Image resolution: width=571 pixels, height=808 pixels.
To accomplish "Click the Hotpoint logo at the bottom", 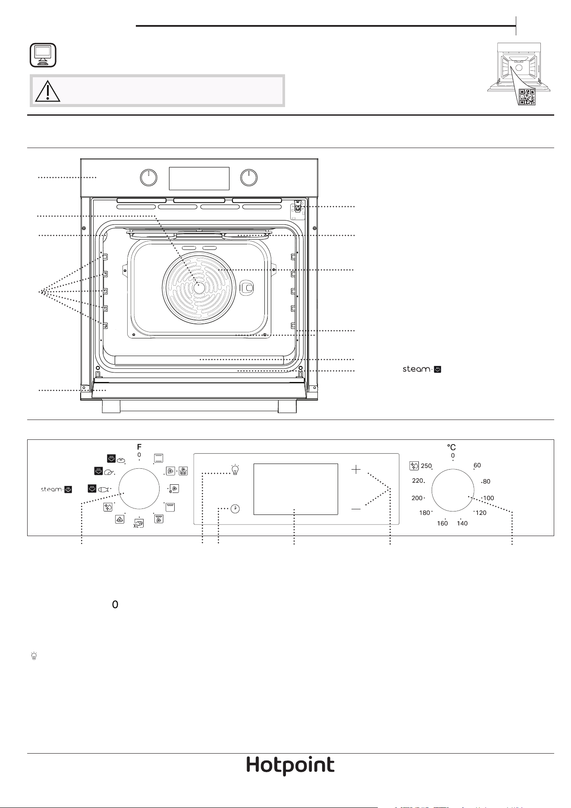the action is click(290, 766).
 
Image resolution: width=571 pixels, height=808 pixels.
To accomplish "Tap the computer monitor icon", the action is click(43, 55).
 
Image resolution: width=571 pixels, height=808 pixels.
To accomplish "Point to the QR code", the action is click(527, 97).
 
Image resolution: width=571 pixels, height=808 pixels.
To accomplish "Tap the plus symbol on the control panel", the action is click(356, 470).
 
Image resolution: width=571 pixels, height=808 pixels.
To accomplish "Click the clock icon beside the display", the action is click(235, 509).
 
